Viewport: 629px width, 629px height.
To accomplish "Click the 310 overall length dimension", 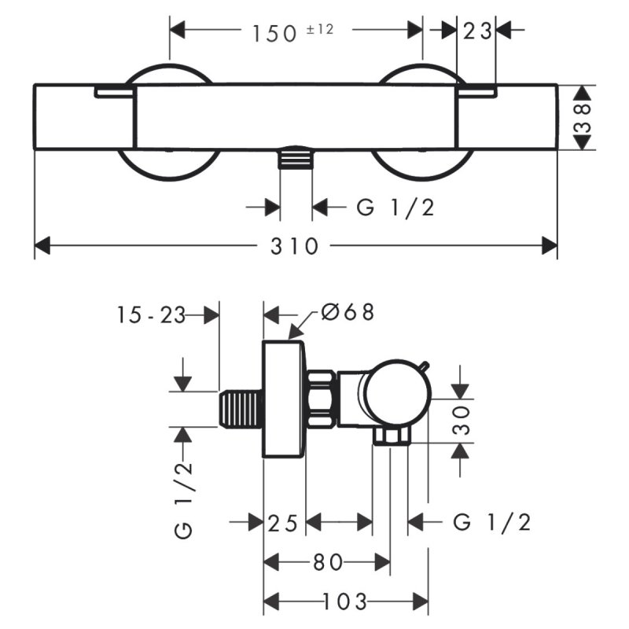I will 296,247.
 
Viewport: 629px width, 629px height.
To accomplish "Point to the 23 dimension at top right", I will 477,31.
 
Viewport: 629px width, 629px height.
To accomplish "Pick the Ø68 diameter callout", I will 346,312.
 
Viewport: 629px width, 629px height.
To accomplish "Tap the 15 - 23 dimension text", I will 151,315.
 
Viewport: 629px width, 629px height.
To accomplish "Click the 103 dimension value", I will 344,602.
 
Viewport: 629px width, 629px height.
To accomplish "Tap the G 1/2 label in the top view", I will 395,208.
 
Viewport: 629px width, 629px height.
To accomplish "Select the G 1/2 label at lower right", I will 492,522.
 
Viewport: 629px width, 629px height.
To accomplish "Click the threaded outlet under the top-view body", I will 296,158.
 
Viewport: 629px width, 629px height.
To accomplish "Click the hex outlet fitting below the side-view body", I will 392,436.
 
